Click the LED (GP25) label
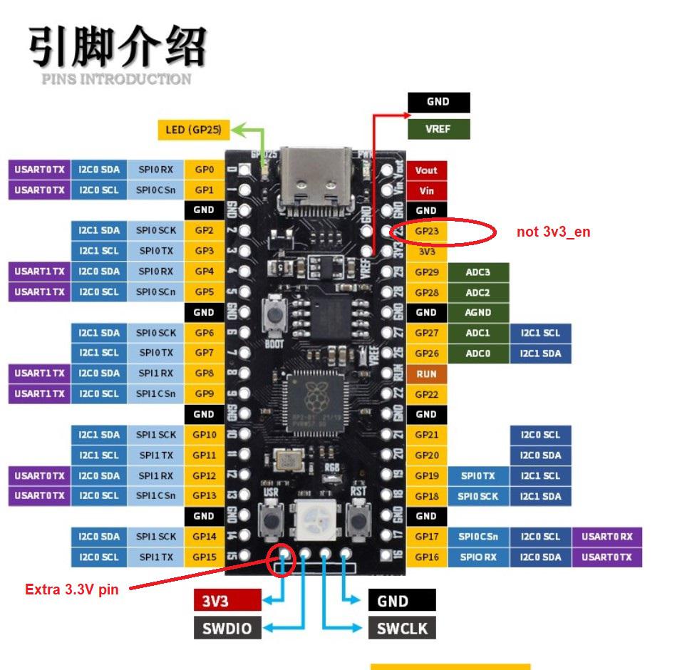193,130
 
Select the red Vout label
426,170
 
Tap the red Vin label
426,190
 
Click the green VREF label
438,130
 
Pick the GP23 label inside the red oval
426,232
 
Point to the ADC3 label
477,272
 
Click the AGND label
477,312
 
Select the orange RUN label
426,373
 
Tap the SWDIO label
227,628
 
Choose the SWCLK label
401,628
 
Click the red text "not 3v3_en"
553,232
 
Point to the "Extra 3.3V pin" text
71,589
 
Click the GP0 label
204,170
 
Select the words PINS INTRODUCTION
116,79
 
